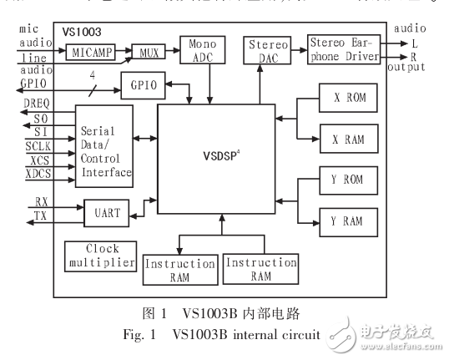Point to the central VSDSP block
[x=217, y=159]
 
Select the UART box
[x=107, y=213]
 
